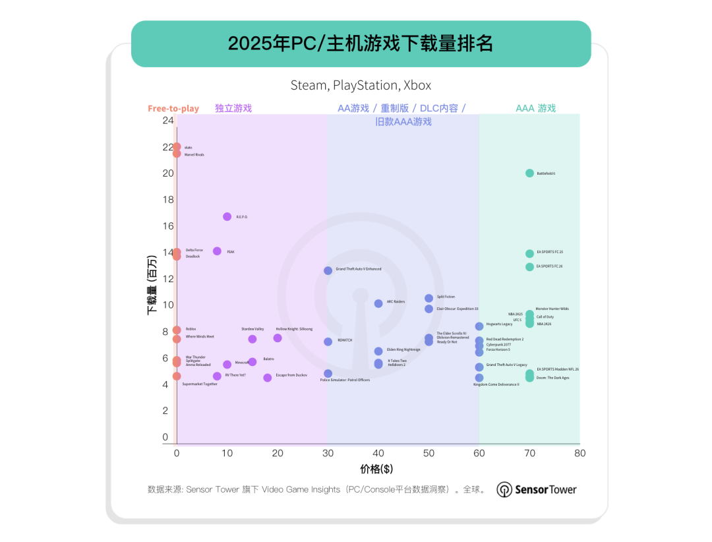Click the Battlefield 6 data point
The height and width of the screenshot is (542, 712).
tap(529, 173)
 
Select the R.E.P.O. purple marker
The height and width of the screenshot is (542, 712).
tap(227, 217)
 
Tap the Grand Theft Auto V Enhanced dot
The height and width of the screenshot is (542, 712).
tap(328, 271)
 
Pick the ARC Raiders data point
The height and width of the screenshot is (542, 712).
tap(378, 304)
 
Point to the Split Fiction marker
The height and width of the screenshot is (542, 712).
tap(429, 299)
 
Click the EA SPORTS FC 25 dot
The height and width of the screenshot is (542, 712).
tap(529, 254)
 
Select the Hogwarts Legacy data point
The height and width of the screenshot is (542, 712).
tap(479, 326)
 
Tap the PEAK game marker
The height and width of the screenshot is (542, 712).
tap(218, 251)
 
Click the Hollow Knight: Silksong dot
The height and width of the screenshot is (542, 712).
tap(278, 338)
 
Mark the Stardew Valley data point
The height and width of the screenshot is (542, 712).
tap(252, 339)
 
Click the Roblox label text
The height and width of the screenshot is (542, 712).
tap(191, 329)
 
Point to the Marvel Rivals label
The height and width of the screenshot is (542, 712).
tap(194, 155)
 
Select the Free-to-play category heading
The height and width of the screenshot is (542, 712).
tap(173, 109)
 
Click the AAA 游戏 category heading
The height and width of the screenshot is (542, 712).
tap(535, 108)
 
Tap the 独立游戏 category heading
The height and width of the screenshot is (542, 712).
tap(233, 108)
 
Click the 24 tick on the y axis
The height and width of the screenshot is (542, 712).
tap(168, 121)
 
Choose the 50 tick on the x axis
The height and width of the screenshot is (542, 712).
tap(429, 453)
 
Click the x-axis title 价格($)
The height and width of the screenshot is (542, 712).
tap(378, 469)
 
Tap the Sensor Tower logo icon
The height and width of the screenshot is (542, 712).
tap(504, 490)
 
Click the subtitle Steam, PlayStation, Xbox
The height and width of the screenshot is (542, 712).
tap(361, 85)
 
